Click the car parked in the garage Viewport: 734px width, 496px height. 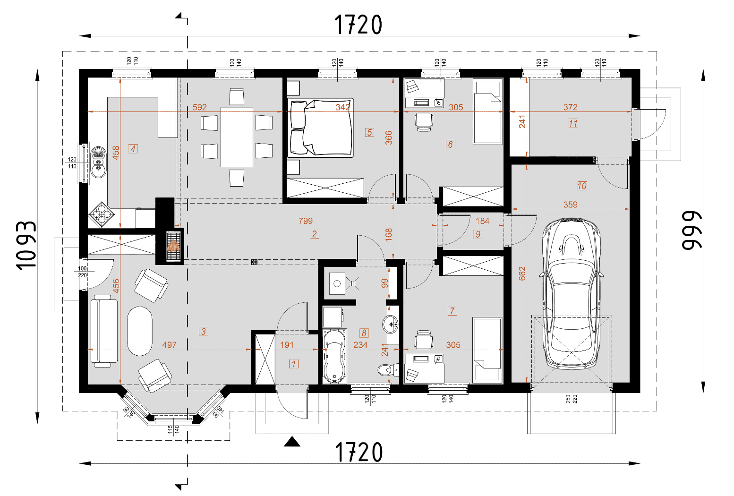pyautogui.click(x=572, y=294)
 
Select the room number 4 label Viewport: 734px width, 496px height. pyautogui.click(x=133, y=149)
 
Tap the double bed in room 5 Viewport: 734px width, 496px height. pyautogui.click(x=320, y=128)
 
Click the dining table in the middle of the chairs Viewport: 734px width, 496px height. pyautogui.click(x=237, y=137)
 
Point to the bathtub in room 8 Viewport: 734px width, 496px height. pyautogui.click(x=334, y=357)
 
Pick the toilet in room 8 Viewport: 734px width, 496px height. pyautogui.click(x=388, y=370)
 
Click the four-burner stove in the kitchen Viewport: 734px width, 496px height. pyautogui.click(x=101, y=214)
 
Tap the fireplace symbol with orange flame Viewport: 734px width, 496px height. pyautogui.click(x=173, y=246)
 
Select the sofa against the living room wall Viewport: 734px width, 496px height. pyautogui.click(x=104, y=331)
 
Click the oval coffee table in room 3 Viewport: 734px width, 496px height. pyautogui.click(x=140, y=331)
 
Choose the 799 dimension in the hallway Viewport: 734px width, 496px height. pyautogui.click(x=306, y=221)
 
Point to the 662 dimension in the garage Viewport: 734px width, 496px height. pyautogui.click(x=522, y=274)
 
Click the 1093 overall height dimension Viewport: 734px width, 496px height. pyautogui.click(x=26, y=246)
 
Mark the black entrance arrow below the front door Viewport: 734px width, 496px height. pyautogui.click(x=292, y=442)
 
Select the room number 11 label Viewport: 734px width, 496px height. pyautogui.click(x=573, y=123)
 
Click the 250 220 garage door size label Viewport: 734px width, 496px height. pyautogui.click(x=572, y=399)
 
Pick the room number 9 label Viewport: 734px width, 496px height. pyautogui.click(x=478, y=234)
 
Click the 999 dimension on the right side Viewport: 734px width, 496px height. pyautogui.click(x=692, y=231)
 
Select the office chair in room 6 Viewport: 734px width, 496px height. pyautogui.click(x=424, y=122)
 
